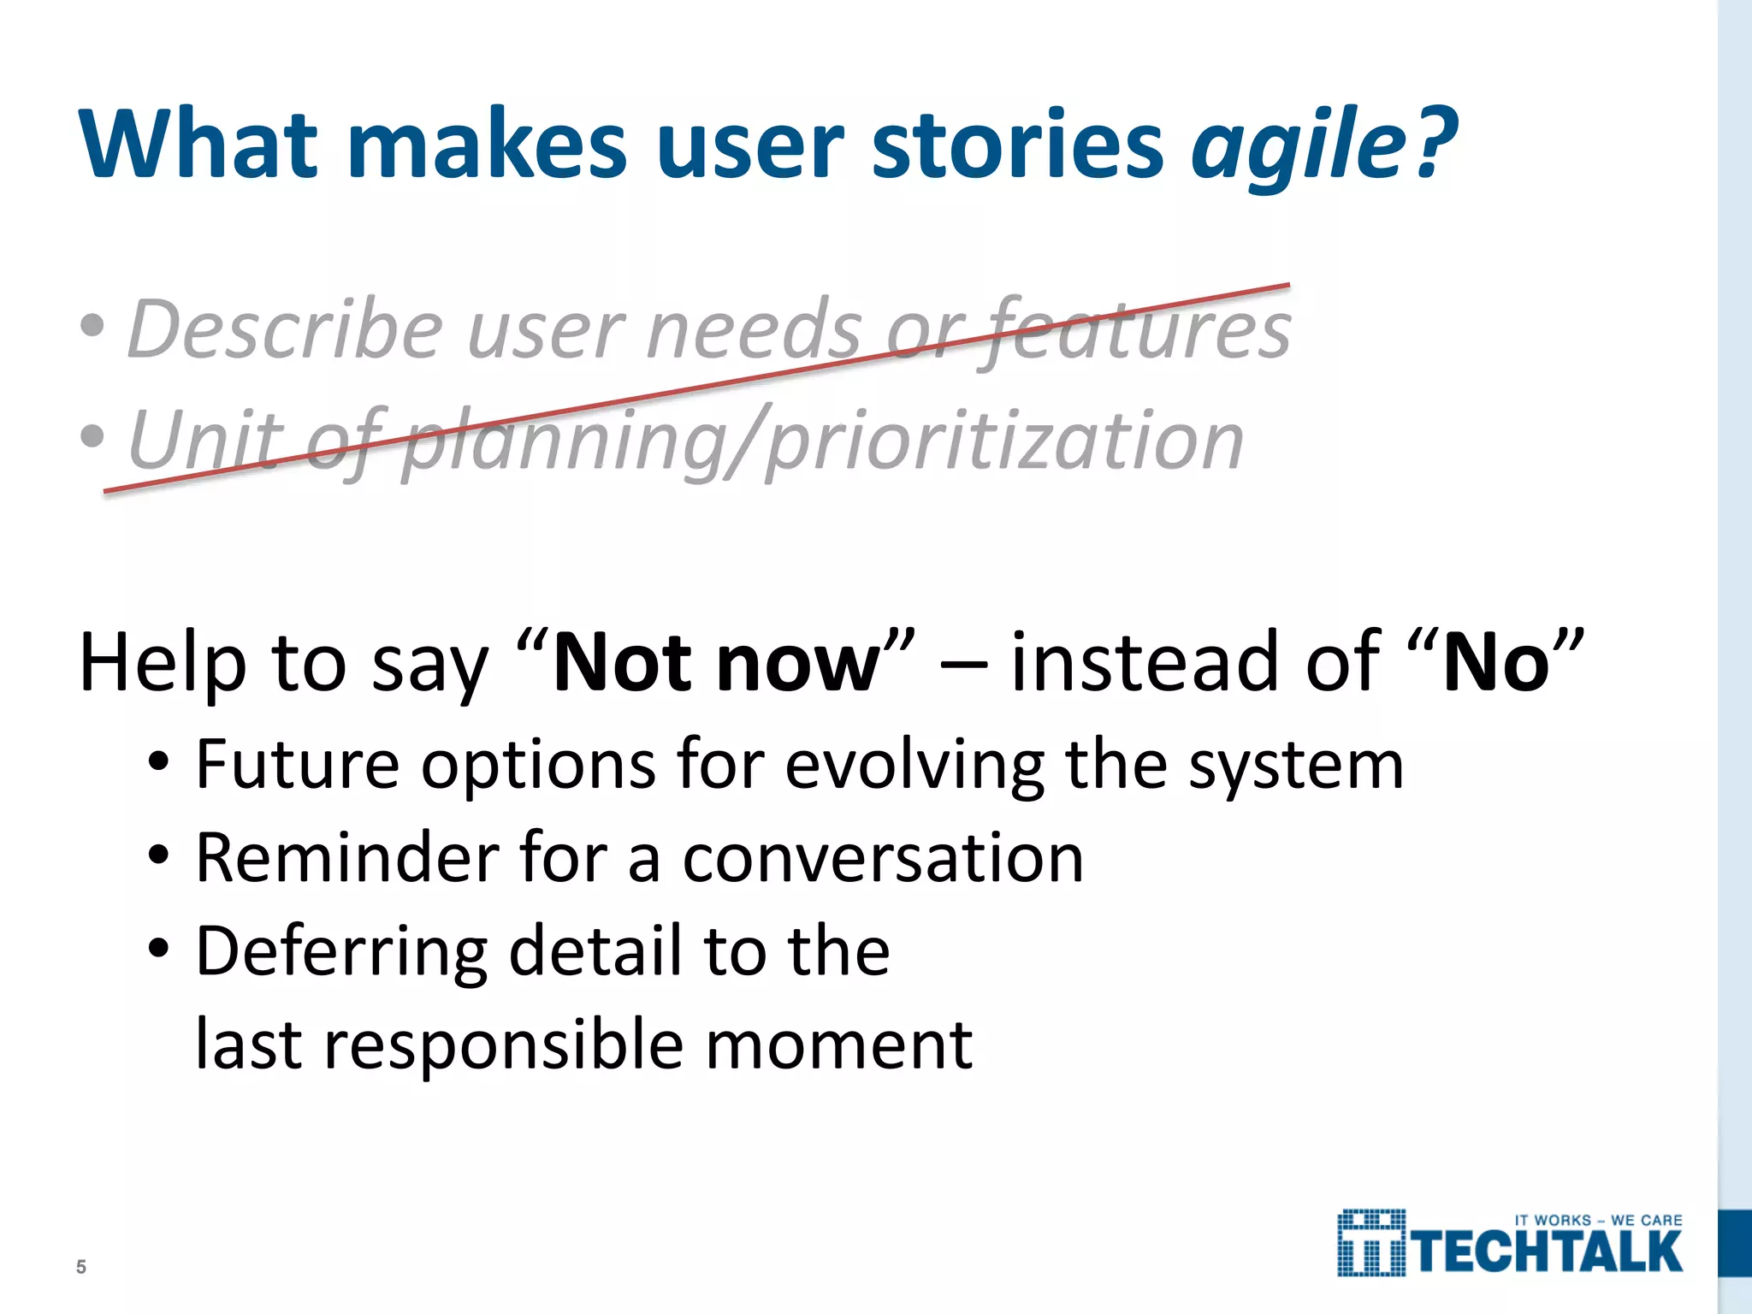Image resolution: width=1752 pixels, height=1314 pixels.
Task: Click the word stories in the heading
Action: pos(1016,144)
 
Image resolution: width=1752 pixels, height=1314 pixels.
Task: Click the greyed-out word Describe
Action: pos(285,329)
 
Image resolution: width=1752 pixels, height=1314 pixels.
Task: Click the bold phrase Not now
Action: pos(716,663)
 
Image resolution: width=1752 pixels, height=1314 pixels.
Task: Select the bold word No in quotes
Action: pos(1495,663)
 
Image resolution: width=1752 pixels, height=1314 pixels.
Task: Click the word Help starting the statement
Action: pos(163,663)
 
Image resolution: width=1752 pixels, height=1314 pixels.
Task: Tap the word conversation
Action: pos(883,858)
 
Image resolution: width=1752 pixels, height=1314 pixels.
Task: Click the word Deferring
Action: pos(340,952)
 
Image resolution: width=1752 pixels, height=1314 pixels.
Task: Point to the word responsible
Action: pos(503,1045)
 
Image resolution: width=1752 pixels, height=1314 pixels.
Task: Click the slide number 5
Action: pos(81,1267)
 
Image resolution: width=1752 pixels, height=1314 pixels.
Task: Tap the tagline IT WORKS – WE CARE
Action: pos(1598,1220)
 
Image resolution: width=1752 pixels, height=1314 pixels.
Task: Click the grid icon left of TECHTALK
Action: pos(1371,1243)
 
